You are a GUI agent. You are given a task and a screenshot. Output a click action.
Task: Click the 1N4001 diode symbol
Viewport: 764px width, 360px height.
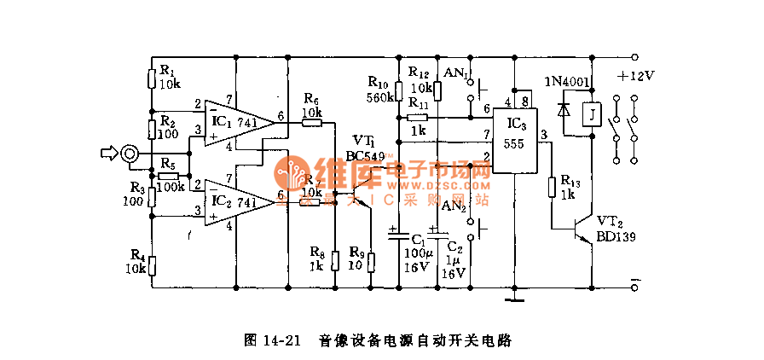coord(564,110)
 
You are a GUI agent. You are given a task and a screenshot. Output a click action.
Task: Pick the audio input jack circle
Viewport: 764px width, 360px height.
coord(130,154)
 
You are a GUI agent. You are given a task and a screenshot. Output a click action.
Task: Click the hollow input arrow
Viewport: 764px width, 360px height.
coord(108,154)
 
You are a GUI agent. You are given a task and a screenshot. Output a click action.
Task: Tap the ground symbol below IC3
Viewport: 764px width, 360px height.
coord(514,299)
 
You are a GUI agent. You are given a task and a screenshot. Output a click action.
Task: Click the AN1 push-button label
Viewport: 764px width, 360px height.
coord(454,74)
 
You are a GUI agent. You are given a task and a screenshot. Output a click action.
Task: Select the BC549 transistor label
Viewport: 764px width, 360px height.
coord(365,156)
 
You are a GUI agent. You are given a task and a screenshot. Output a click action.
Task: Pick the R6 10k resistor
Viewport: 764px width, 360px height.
coord(312,123)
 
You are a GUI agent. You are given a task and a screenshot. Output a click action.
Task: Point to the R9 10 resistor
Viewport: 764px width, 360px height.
coord(371,260)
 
